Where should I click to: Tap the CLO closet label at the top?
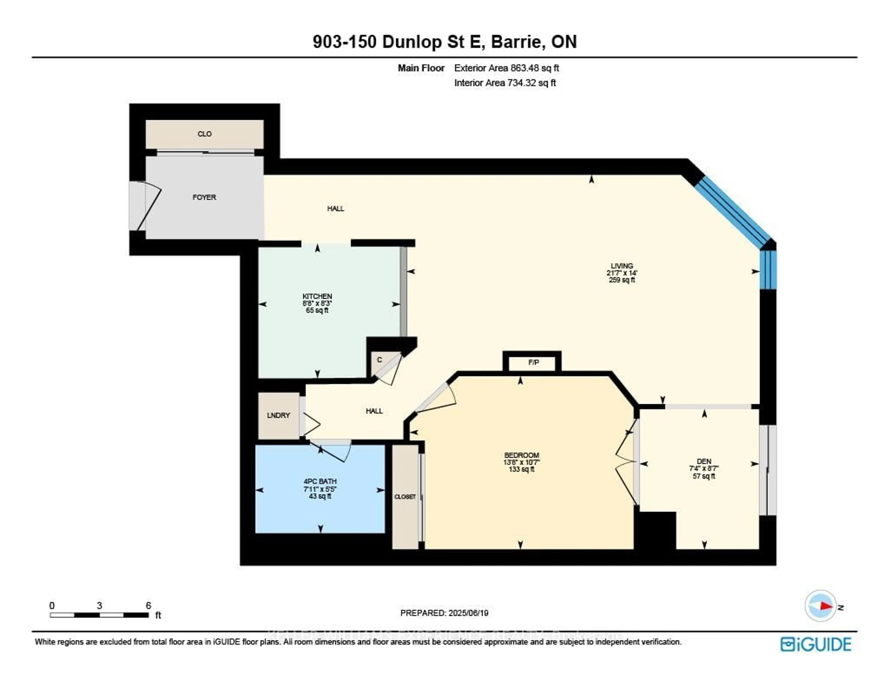coord(204,134)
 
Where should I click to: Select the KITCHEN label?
coord(317,296)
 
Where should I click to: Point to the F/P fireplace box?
coord(533,362)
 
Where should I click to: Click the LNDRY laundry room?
coord(279,415)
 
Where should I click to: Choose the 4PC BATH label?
coord(320,481)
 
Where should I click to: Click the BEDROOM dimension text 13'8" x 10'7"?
coord(521,463)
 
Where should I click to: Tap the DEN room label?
coord(704,461)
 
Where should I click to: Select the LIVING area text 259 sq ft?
coord(622,280)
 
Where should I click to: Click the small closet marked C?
coord(379,360)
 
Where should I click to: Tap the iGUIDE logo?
coord(816,644)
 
